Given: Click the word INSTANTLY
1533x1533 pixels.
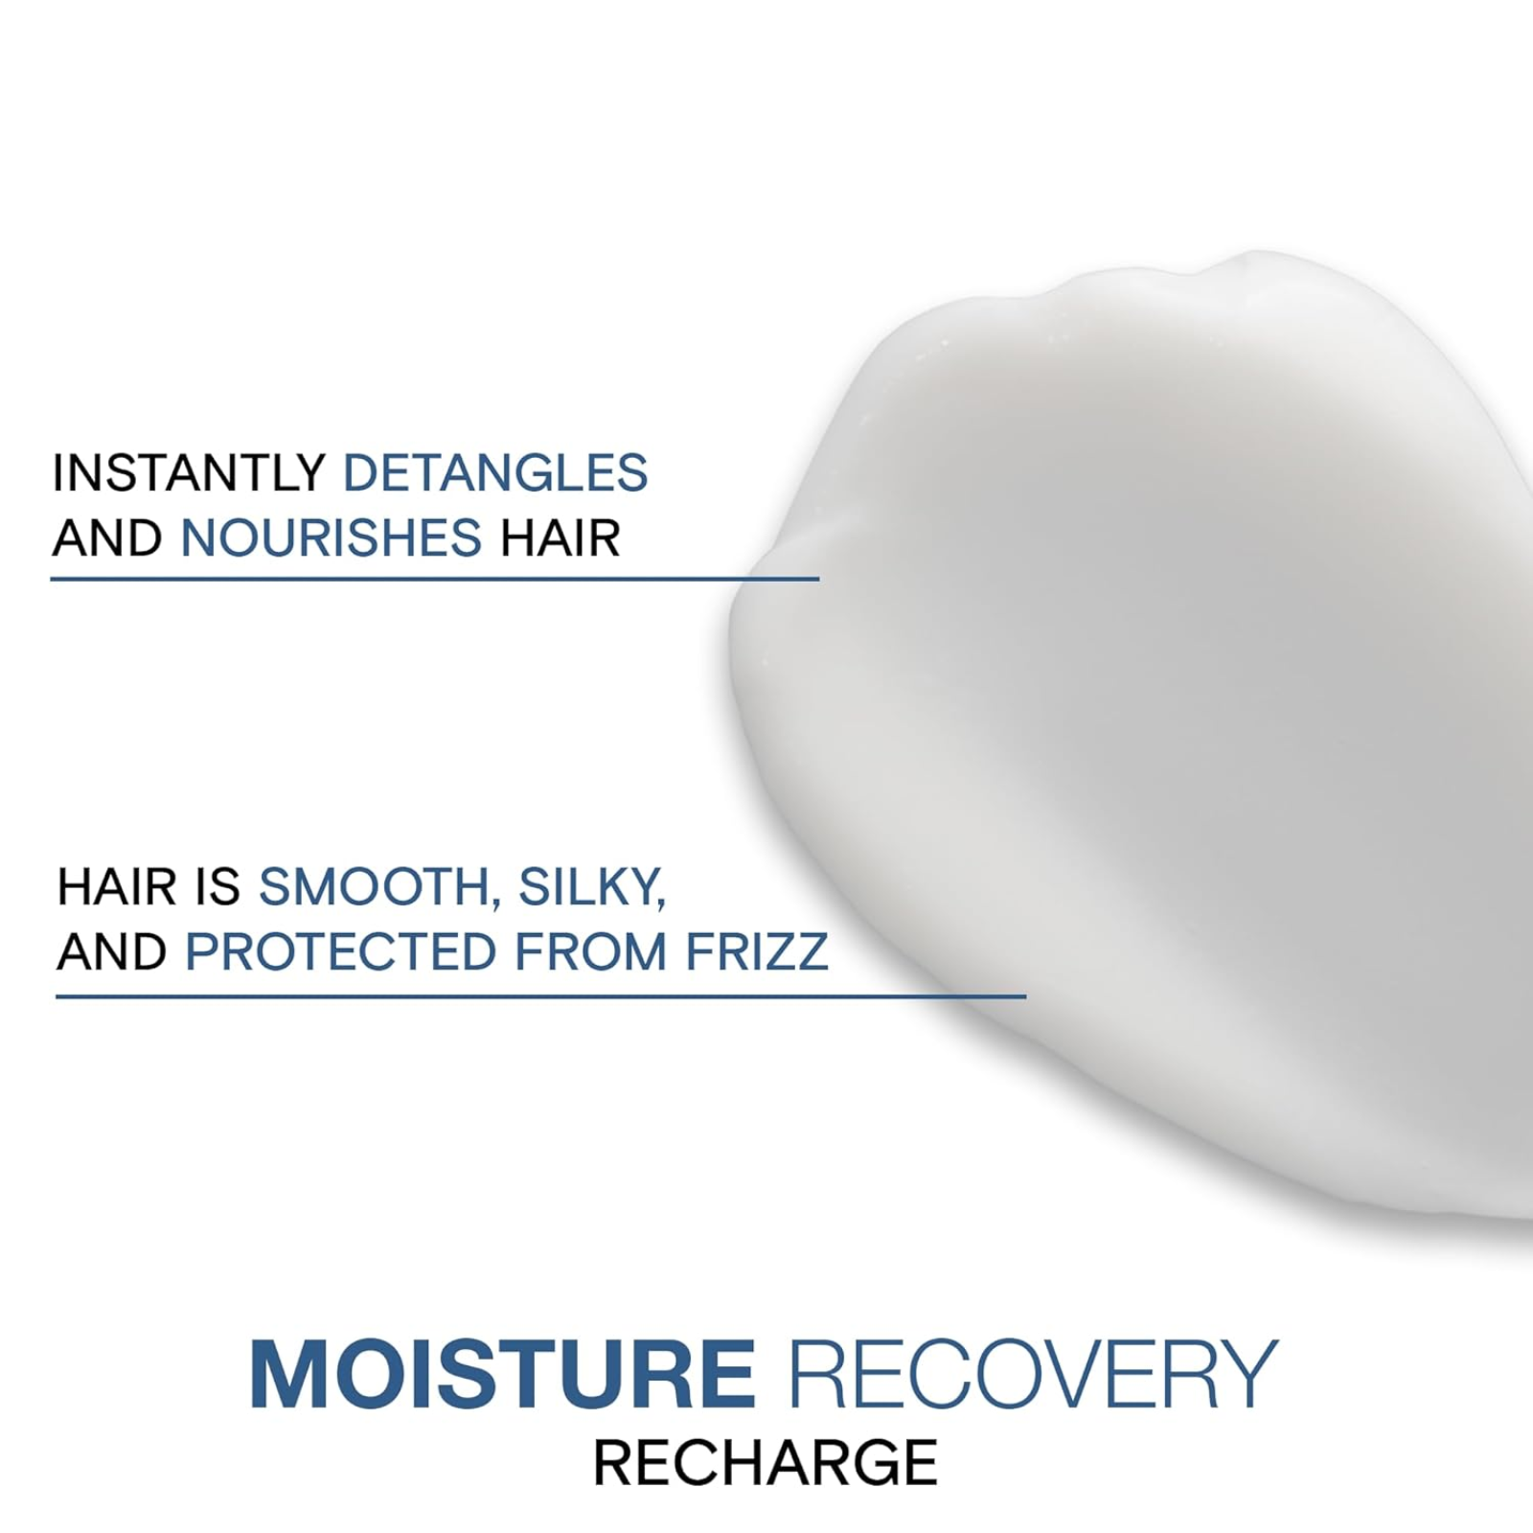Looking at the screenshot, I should click(189, 472).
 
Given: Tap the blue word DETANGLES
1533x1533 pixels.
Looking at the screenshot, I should click(495, 472).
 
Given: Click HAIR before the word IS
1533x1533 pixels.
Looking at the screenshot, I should click(117, 887).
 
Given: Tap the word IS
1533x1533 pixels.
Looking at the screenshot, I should click(217, 887).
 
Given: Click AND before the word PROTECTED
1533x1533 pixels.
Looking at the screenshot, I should click(112, 951).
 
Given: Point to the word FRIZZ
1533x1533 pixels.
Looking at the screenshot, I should click(757, 951).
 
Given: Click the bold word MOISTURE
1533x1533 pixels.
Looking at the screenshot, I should click(502, 1375).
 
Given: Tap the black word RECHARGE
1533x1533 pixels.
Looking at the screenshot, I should click(766, 1463).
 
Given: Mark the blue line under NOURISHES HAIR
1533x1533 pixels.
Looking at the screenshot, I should click(434, 579).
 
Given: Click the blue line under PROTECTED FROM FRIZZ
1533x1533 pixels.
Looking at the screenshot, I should click(540, 996).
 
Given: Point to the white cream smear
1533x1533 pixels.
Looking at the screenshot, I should click(1150, 719).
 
